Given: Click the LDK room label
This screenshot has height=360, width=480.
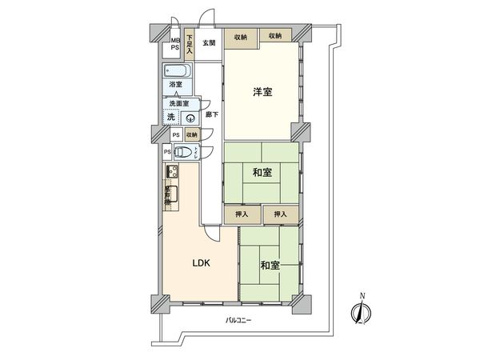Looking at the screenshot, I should coord(200,262).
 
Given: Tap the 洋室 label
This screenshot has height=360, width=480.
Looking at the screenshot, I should coord(262,92).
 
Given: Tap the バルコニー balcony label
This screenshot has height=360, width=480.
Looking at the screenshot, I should coord(238,320).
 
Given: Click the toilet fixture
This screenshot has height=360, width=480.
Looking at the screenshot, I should coord(182,152).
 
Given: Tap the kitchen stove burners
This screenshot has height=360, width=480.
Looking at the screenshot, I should coord(172,170).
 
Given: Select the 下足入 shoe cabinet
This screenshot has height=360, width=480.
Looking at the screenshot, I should coord(190,43).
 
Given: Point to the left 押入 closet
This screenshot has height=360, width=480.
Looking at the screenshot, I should coord(242,214).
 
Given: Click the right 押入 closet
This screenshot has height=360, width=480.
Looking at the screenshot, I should coord(280,214).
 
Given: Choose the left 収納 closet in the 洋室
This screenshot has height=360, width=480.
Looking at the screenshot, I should coord(240,36).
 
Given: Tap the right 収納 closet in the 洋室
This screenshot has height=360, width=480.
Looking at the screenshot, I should coord(275,36).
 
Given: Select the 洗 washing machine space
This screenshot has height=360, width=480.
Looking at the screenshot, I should coord(171,118).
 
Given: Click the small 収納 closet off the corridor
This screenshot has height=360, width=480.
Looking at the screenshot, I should coord(192,136).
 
